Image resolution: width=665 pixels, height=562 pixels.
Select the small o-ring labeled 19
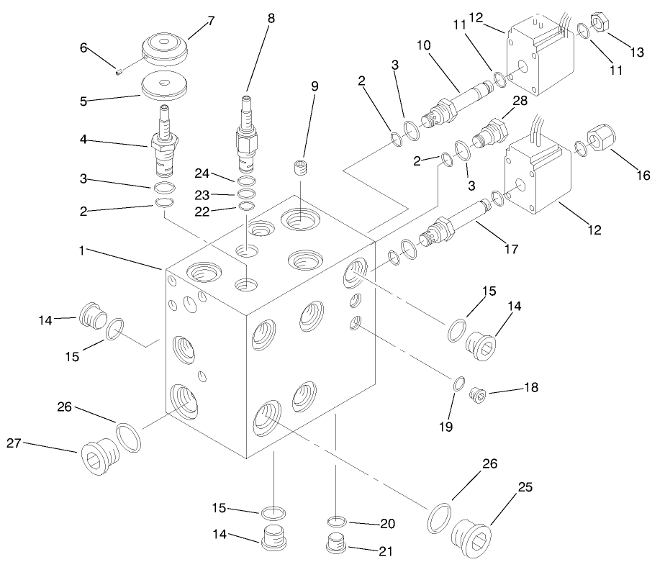point(458,384)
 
